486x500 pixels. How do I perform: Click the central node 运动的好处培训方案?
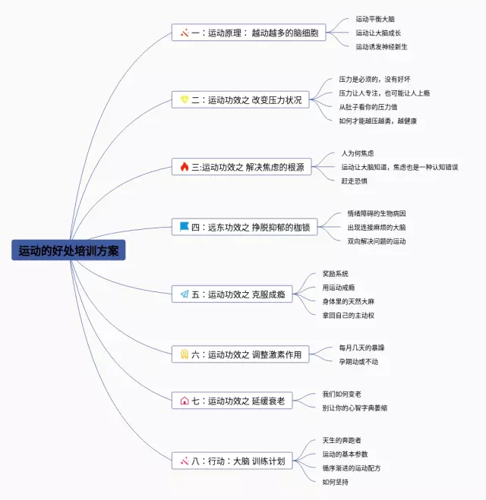(68, 250)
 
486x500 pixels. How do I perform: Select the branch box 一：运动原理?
(249, 33)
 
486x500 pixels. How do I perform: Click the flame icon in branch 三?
(185, 167)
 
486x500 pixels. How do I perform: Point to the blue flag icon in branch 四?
(185, 227)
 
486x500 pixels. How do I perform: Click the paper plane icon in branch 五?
(185, 294)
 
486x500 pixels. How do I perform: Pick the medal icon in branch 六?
(185, 354)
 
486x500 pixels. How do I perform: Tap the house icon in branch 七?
(185, 400)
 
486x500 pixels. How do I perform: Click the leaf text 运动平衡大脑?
(375, 19)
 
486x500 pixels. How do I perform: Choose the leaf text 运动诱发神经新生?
(381, 46)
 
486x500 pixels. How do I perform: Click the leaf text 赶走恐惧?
(354, 181)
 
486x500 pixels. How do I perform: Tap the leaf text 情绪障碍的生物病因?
(376, 213)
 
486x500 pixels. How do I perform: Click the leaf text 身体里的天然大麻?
(349, 301)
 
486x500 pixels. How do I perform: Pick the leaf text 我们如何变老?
(341, 394)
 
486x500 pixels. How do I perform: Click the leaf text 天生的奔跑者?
(342, 440)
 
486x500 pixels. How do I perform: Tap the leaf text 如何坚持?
(335, 481)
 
